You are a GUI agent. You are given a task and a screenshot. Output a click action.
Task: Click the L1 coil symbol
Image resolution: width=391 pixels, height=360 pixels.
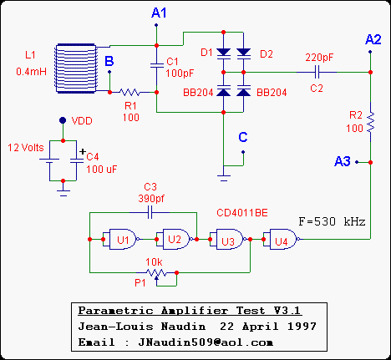click(x=76, y=68)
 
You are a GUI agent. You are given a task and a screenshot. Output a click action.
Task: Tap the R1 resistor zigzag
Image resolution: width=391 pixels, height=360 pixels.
click(x=129, y=92)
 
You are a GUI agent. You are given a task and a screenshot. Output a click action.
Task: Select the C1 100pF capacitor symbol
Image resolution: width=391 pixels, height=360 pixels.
click(x=157, y=65)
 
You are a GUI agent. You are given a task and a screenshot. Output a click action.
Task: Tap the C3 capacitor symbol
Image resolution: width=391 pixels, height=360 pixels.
click(x=150, y=213)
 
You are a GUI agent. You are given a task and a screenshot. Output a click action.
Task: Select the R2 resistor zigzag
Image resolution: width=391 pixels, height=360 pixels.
click(x=371, y=122)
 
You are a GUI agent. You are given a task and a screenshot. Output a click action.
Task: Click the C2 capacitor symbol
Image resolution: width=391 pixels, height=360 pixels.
click(x=317, y=73)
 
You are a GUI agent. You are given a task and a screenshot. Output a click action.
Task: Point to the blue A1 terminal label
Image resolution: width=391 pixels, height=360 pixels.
click(x=159, y=13)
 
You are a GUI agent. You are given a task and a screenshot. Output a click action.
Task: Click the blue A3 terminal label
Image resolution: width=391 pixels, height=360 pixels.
click(x=343, y=161)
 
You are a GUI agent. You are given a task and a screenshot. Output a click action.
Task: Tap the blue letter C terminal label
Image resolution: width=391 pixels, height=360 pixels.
click(x=243, y=137)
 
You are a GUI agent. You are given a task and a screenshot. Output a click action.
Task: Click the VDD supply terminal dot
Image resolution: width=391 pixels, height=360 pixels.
click(x=63, y=120)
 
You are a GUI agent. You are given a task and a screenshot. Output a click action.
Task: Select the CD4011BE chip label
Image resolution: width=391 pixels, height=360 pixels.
click(x=242, y=213)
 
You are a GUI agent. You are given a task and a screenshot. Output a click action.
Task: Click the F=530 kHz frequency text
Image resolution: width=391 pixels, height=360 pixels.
click(x=332, y=222)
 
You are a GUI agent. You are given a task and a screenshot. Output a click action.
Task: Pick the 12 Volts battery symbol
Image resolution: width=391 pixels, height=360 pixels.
click(x=49, y=161)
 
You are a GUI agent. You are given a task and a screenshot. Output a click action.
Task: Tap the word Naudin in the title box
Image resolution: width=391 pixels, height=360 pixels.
click(x=184, y=327)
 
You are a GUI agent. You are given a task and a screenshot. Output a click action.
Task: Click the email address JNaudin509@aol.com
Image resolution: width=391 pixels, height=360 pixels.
click(x=206, y=342)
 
